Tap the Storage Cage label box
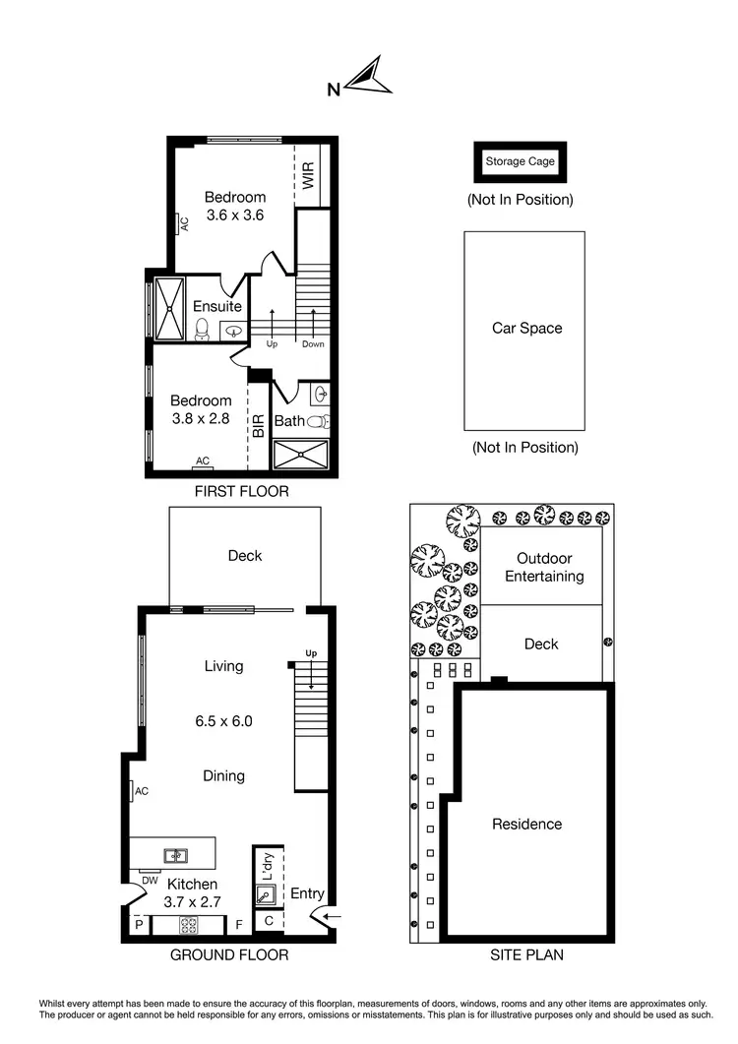(x=520, y=161)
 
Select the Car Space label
(x=526, y=328)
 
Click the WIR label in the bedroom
(x=308, y=177)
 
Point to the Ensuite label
(x=216, y=306)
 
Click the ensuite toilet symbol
(x=203, y=329)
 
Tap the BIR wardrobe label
(x=258, y=425)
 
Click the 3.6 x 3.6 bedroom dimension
(x=234, y=215)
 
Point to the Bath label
(x=289, y=421)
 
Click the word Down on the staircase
(x=313, y=344)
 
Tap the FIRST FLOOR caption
(x=242, y=491)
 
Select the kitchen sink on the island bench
(x=173, y=856)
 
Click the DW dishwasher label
(x=150, y=881)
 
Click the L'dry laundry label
(x=265, y=865)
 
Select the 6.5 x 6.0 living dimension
(x=223, y=720)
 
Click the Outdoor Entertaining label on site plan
(x=544, y=568)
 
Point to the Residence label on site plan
(x=526, y=824)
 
